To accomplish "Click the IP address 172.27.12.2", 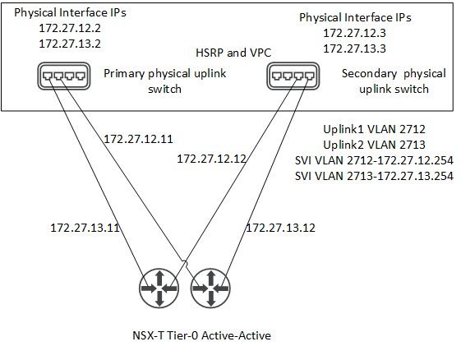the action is point(70,28).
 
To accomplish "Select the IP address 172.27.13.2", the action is point(70,44).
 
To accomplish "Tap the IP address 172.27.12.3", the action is point(354,33).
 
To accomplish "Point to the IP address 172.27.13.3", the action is point(354,48).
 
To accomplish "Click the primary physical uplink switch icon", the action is point(64,76).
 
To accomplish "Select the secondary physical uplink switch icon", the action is point(293,76).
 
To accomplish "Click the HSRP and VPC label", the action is point(233,53).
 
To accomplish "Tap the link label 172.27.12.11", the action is point(138,139).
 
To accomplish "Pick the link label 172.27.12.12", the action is point(211,159).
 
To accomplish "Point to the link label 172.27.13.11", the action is point(85,228).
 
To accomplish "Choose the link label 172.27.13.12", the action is point(280,228).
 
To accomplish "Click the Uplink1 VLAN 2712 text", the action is point(374,129).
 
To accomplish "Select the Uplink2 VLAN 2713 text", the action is point(374,145).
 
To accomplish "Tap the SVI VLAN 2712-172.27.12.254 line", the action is point(374,160).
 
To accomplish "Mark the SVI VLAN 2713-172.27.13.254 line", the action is point(374,176).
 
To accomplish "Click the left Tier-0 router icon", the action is point(159,288).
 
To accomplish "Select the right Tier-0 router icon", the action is point(210,288).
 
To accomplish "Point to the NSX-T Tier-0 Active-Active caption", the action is point(201,335).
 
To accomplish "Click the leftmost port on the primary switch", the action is point(48,76).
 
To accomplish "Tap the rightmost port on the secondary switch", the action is point(309,76).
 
